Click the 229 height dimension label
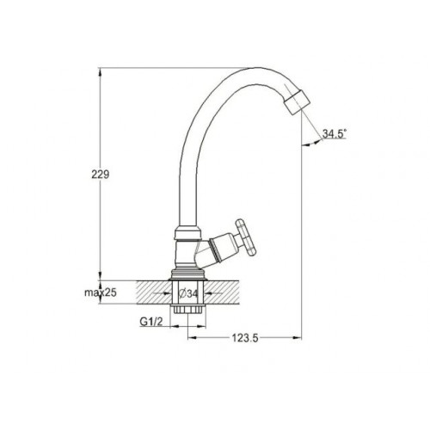[101, 175]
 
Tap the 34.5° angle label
[335, 133]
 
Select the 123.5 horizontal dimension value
[245, 339]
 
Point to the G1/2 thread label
[151, 322]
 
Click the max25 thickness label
[101, 292]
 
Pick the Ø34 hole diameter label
[188, 293]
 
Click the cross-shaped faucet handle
[245, 237]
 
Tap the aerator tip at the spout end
[298, 102]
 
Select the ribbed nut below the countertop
[187, 309]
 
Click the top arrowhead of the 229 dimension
[100, 71]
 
